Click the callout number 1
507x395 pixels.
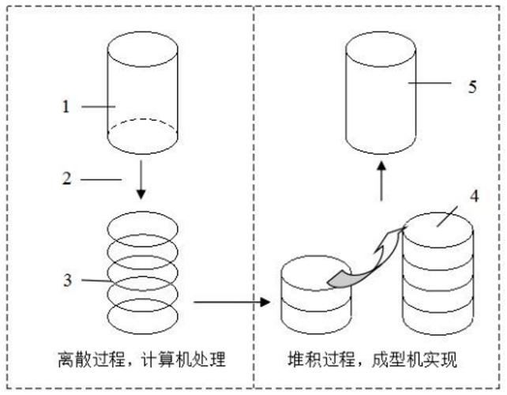(x=67, y=105)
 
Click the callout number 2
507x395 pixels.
(x=67, y=180)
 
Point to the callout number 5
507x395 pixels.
(x=471, y=86)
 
